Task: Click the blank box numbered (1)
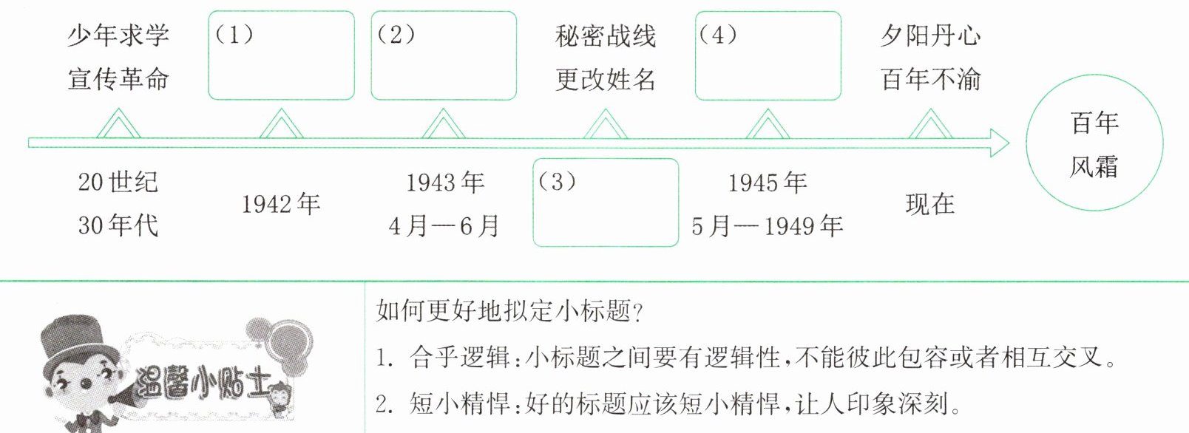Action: (281, 55)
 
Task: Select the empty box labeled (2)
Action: (443, 55)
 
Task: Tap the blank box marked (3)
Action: (605, 202)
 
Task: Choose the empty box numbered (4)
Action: (768, 55)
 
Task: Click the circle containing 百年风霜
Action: (1094, 144)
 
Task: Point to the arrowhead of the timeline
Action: (1000, 143)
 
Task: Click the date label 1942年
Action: (281, 204)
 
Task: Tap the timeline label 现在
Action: (930, 204)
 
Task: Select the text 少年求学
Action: (118, 35)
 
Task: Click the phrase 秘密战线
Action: (606, 35)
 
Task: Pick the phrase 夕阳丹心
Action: (930, 35)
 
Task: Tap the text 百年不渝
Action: (930, 79)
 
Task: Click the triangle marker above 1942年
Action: (281, 125)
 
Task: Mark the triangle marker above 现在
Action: (930, 125)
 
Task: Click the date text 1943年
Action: (445, 182)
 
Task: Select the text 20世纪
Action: (118, 182)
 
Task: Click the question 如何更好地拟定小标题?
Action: (509, 311)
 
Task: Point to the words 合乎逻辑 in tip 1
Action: (459, 358)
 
